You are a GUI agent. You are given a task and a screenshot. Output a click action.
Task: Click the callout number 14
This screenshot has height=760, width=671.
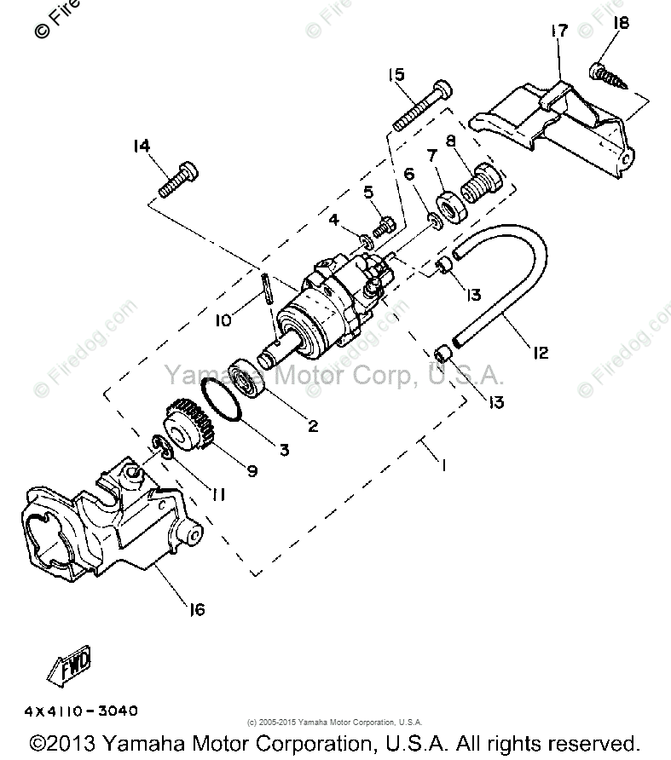[141, 146]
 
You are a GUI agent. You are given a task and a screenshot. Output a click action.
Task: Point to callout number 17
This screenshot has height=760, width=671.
[558, 32]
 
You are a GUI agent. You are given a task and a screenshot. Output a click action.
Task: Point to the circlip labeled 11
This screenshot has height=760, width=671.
[159, 446]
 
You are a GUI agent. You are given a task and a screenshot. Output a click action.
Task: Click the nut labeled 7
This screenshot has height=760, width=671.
[449, 207]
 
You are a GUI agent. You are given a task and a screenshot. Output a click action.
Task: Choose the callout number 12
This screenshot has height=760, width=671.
[540, 351]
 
